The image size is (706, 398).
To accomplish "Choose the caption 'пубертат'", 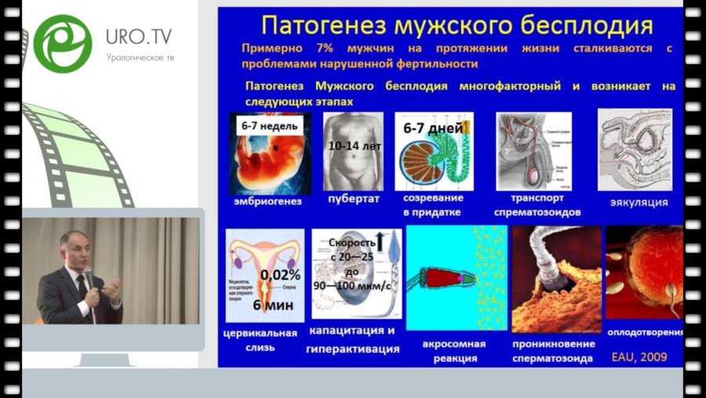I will point(353,200).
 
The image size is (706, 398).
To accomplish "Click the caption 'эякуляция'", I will point(639,202).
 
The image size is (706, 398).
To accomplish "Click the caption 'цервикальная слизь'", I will point(261,341).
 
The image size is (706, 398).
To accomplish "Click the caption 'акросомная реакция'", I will point(454,351).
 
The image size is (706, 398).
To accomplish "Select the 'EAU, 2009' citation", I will point(639,356).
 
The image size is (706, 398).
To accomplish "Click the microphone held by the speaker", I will point(88,275).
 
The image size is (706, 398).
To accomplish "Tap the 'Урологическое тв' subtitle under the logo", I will point(140,58).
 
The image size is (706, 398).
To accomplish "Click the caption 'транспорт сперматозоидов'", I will point(537,204).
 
